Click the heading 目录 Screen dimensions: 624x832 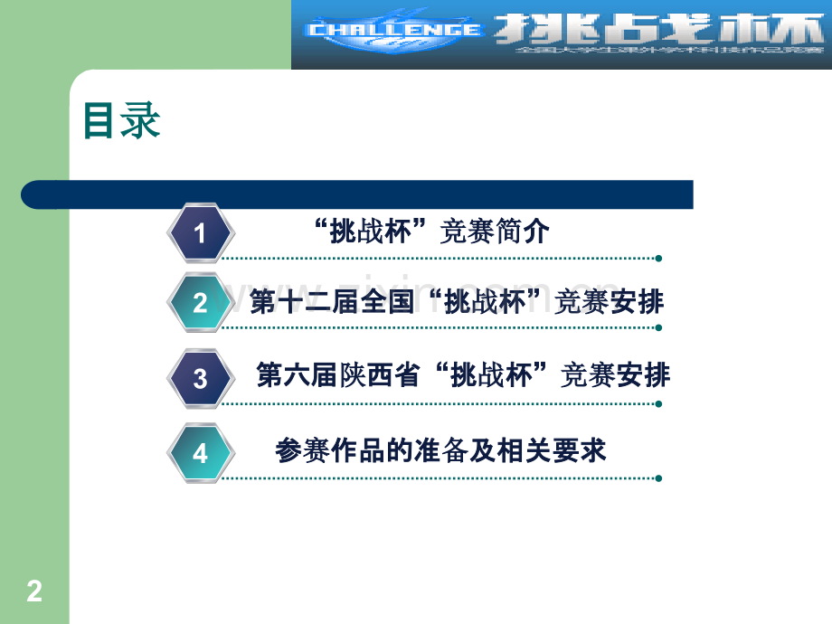pyautogui.click(x=122, y=121)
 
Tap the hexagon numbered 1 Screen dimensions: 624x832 pyautogui.click(x=201, y=234)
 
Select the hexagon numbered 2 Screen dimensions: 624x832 pyautogui.click(x=201, y=303)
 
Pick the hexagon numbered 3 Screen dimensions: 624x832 pyautogui.click(x=201, y=378)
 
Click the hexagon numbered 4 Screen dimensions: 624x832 pyautogui.click(x=201, y=453)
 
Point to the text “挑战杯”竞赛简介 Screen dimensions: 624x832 pyautogui.click(x=434, y=232)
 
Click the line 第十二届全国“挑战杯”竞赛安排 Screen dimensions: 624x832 pyautogui.click(x=457, y=302)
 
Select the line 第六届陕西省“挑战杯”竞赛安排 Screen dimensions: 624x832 pyautogui.click(x=463, y=375)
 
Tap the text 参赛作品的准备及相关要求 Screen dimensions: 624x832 pyautogui.click(x=440, y=451)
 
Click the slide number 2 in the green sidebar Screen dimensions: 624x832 pyautogui.click(x=34, y=592)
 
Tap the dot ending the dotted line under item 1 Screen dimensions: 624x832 pyautogui.click(x=658, y=259)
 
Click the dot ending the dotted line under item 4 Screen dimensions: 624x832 pyautogui.click(x=658, y=478)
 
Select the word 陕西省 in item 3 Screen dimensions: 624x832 pyautogui.click(x=381, y=375)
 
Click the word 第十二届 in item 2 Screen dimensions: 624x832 pyautogui.click(x=305, y=302)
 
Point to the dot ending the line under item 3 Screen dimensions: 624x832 pyautogui.click(x=658, y=404)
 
